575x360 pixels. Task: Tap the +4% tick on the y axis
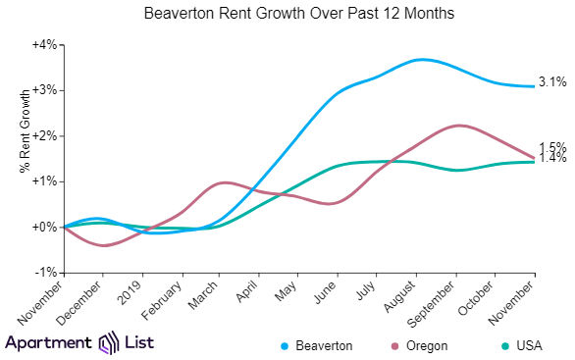[44, 45]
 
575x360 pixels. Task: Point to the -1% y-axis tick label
[45, 272]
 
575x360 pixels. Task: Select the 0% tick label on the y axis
[45, 227]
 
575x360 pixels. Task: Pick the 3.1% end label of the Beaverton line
[552, 82]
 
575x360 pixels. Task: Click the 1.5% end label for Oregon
[552, 148]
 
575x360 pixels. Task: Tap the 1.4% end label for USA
[552, 158]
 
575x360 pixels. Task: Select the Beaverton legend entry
[317, 345]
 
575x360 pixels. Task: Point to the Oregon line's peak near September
[457, 125]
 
